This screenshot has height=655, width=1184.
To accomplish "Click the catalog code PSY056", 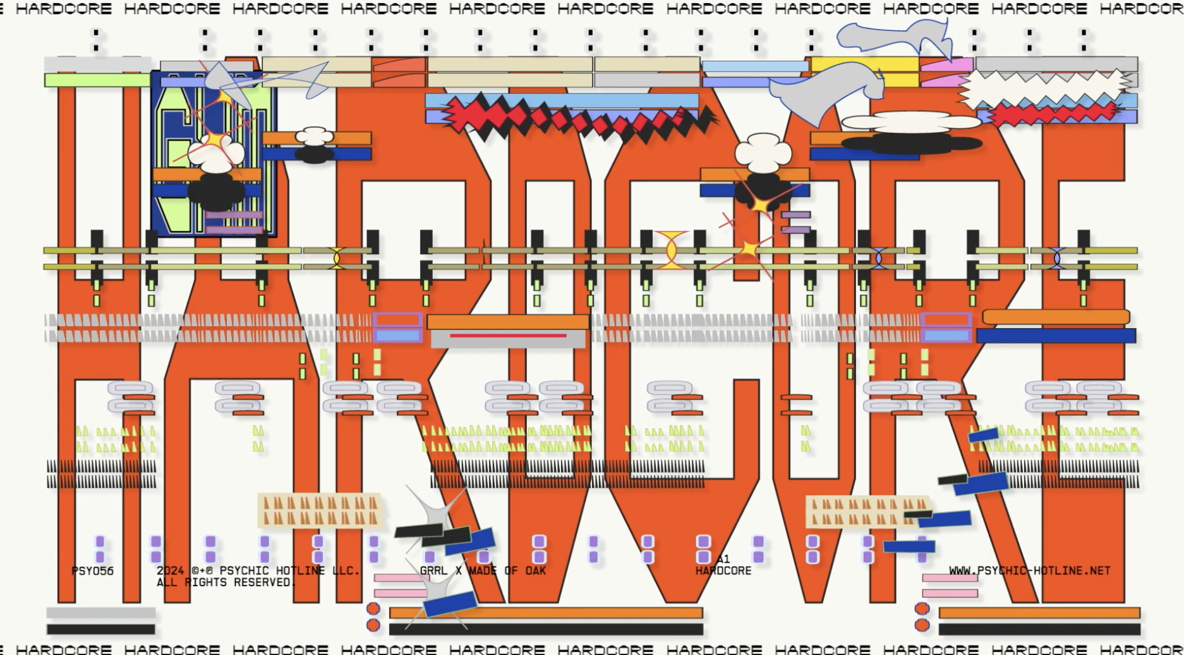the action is coord(92,571).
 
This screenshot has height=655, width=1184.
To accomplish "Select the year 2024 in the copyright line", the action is coord(170,570).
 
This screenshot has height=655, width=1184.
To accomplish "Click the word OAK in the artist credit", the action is coord(535,570).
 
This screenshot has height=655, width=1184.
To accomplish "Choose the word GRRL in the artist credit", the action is coord(433,570).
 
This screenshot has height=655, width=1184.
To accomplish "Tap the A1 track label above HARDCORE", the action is coord(723,559).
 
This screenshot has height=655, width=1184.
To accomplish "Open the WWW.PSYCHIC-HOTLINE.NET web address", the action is coord(1029,570).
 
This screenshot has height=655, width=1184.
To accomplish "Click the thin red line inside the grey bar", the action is coord(508,336).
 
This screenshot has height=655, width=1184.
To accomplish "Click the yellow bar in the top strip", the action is coord(864,64).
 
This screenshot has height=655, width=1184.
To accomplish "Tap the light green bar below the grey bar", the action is coord(97,80).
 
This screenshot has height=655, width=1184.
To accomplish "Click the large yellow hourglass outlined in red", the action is coord(670,250).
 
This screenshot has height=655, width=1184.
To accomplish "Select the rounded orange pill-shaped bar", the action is coord(1056,317).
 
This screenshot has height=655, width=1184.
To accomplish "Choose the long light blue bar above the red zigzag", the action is coord(562,101).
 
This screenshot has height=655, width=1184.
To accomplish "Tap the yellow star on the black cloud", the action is coord(760,205).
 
